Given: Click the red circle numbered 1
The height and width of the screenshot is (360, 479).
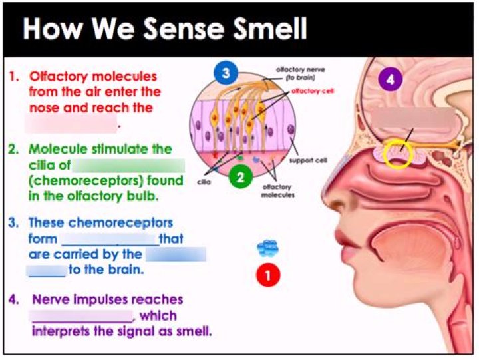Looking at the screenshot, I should tap(268, 275).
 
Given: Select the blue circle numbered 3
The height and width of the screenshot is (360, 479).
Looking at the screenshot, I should tap(226, 75).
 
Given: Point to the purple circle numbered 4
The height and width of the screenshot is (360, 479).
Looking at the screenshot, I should tap(391, 80).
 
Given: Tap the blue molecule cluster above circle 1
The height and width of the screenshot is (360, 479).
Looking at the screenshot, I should tap(267, 249).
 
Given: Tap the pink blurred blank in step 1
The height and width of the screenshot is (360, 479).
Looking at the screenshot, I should tap(71, 122).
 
